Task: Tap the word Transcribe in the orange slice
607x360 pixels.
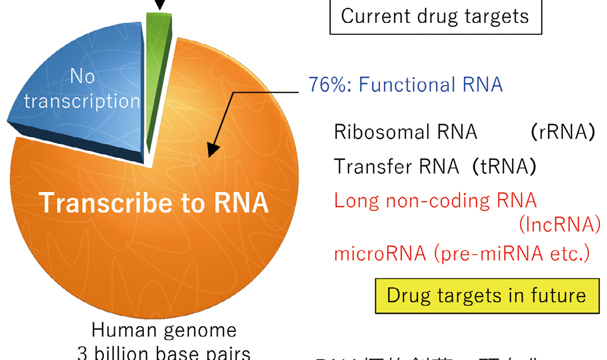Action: pos(97,203)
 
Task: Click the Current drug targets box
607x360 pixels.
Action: pos(435,16)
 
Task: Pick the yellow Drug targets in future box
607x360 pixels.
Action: pos(487,295)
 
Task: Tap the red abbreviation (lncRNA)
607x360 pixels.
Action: pos(559,225)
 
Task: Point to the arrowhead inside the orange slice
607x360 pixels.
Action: pos(212,150)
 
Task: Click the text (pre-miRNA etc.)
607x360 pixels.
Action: pos(511,253)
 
